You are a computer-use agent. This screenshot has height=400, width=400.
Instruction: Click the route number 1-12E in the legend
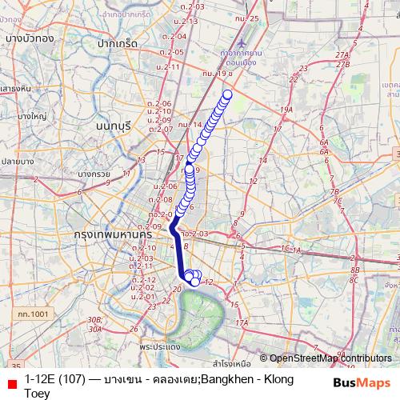(44, 378)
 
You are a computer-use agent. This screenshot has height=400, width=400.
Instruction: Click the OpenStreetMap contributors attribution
(331, 358)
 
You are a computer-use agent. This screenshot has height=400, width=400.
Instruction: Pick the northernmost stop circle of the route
(227, 94)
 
